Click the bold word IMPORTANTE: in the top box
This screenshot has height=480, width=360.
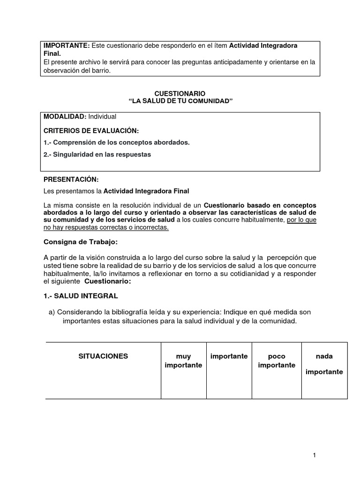pos(66,45)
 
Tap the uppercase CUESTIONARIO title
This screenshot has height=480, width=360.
pos(180,94)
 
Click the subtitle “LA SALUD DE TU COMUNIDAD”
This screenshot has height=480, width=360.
pos(180,102)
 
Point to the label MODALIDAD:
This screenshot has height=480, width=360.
pos(62,116)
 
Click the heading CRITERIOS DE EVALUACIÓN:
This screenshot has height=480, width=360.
pos(91,130)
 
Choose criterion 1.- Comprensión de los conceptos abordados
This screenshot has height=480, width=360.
pos(116,142)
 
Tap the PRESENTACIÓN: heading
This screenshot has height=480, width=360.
pos(71,179)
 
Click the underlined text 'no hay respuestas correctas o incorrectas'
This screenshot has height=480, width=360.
pos(106,227)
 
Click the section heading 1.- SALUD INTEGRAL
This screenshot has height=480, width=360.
pos(81,296)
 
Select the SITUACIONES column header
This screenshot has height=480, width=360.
pos(103,356)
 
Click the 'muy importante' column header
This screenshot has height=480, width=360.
pos(183,360)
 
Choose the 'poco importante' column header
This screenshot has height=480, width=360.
pos(277,360)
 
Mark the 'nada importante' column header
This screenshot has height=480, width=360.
pos(324,364)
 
